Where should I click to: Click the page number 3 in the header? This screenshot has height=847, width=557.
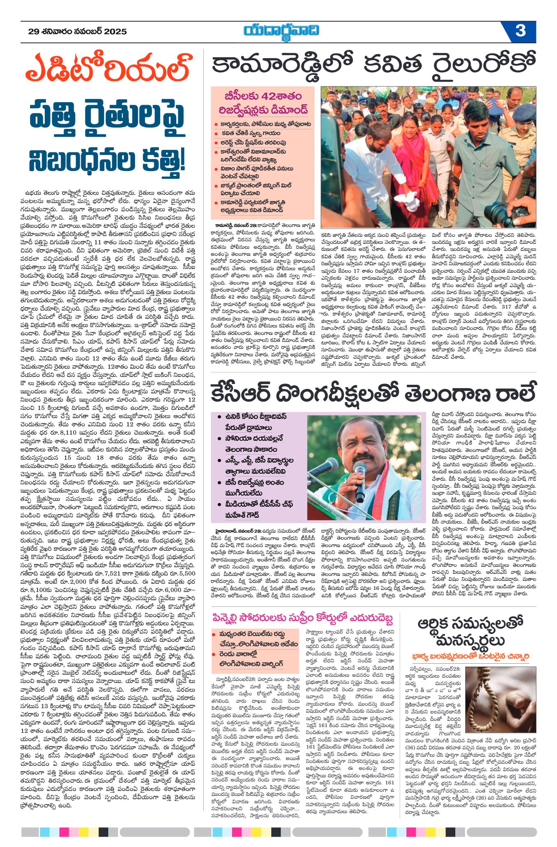tap(520, 31)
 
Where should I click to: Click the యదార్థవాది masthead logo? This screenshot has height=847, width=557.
tap(281, 31)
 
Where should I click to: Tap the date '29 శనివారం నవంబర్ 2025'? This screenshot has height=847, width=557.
tap(77, 32)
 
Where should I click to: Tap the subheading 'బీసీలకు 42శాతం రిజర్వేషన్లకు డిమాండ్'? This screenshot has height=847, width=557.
tap(263, 103)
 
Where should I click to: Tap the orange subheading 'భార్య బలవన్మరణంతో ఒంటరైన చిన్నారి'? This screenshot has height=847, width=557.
tap(471, 656)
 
